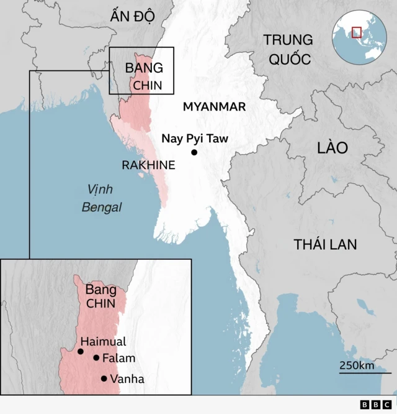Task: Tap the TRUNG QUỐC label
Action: [x=287, y=49]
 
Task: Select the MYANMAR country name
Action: [x=214, y=107]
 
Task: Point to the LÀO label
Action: [x=332, y=148]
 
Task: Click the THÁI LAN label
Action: [x=326, y=244]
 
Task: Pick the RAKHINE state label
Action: [x=148, y=165]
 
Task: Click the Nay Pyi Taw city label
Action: [x=195, y=139]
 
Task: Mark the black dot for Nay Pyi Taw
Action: [x=194, y=152]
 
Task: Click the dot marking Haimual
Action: [x=81, y=352]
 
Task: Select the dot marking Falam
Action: [x=96, y=357]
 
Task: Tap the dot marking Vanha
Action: [x=104, y=379]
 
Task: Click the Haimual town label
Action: [x=103, y=341]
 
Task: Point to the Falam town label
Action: [x=118, y=358]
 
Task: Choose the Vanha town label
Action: [x=127, y=379]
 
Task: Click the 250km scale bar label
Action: [x=357, y=366]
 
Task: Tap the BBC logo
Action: [x=373, y=405]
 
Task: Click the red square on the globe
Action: [x=356, y=32]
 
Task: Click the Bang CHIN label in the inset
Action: [x=100, y=297]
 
